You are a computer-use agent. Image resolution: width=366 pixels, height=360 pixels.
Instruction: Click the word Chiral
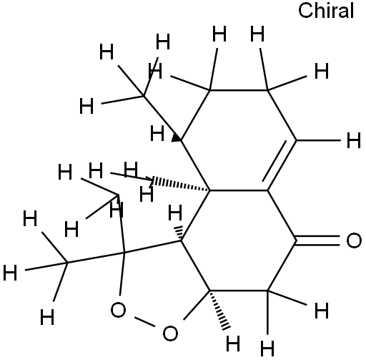point(326,11)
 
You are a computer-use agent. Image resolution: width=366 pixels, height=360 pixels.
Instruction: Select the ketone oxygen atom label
point(354,240)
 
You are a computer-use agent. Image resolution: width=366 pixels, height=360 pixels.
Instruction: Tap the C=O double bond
point(318,240)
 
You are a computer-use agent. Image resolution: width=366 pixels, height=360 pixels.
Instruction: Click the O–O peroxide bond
point(144,321)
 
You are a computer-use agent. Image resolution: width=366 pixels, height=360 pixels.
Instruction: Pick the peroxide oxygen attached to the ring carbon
point(170,334)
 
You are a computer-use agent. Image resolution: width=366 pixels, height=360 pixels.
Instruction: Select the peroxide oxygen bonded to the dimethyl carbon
point(118,310)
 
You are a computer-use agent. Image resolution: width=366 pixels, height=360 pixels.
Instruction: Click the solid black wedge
point(177,138)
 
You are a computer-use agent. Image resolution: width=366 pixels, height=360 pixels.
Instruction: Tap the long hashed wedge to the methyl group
point(181,184)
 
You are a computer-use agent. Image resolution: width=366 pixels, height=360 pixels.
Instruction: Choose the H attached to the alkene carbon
point(354,140)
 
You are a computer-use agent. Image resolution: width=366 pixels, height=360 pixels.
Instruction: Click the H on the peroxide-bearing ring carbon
point(233,344)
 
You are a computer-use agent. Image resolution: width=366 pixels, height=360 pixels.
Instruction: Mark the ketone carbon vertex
point(297,240)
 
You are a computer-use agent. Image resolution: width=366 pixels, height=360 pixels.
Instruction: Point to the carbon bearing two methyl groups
point(124,252)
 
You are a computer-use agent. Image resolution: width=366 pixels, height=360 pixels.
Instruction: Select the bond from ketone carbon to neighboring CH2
point(282,266)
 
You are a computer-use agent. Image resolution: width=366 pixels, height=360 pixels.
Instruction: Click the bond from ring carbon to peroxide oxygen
point(197,305)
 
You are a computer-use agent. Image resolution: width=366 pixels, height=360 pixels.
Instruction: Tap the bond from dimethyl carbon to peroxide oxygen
point(122,273)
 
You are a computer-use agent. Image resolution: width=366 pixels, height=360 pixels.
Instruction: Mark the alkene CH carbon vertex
point(297,140)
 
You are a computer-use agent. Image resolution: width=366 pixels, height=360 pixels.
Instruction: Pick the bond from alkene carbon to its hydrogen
point(319,140)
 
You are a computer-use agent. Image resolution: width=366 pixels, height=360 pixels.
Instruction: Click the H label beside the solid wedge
point(157,133)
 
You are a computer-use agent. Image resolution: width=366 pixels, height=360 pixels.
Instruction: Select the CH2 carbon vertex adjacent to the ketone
point(267,291)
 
